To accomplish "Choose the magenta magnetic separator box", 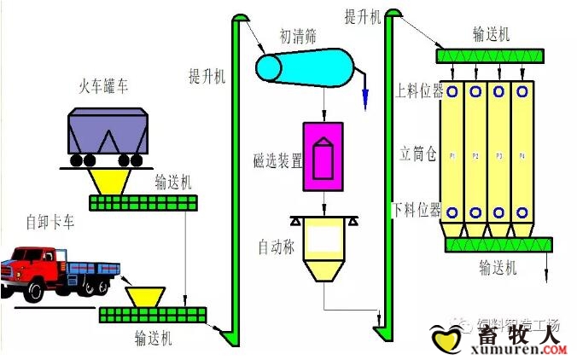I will click(323, 156).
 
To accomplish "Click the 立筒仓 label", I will click(418, 154).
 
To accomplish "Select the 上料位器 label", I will click(417, 90).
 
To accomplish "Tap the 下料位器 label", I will click(417, 210).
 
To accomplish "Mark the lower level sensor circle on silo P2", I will click(475, 212).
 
